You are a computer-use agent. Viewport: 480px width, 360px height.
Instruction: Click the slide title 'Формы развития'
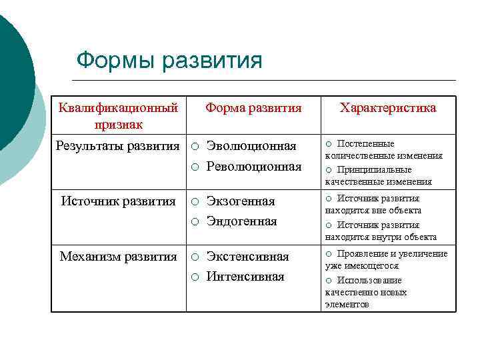click(169, 60)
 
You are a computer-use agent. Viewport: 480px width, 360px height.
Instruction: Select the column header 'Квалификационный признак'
click(118, 115)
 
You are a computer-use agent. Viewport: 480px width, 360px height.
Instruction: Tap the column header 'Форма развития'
click(253, 107)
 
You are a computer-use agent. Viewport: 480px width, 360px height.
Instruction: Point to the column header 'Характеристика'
click(388, 107)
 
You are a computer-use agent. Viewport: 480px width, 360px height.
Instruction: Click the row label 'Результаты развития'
click(117, 145)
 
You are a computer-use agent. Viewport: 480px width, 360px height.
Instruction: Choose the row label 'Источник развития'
click(118, 201)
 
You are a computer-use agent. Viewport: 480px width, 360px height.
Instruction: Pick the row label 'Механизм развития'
click(118, 256)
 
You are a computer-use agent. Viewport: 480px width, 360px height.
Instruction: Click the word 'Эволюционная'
click(251, 146)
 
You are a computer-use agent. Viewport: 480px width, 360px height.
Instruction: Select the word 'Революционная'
click(254, 166)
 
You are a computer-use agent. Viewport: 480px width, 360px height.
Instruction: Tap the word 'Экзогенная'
click(241, 201)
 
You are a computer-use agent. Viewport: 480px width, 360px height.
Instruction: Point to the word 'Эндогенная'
click(241, 221)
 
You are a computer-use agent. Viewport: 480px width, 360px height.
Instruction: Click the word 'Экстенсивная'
click(247, 257)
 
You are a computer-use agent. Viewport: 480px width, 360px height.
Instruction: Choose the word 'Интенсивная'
click(245, 276)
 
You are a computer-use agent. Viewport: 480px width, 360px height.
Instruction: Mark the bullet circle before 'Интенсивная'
click(195, 277)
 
